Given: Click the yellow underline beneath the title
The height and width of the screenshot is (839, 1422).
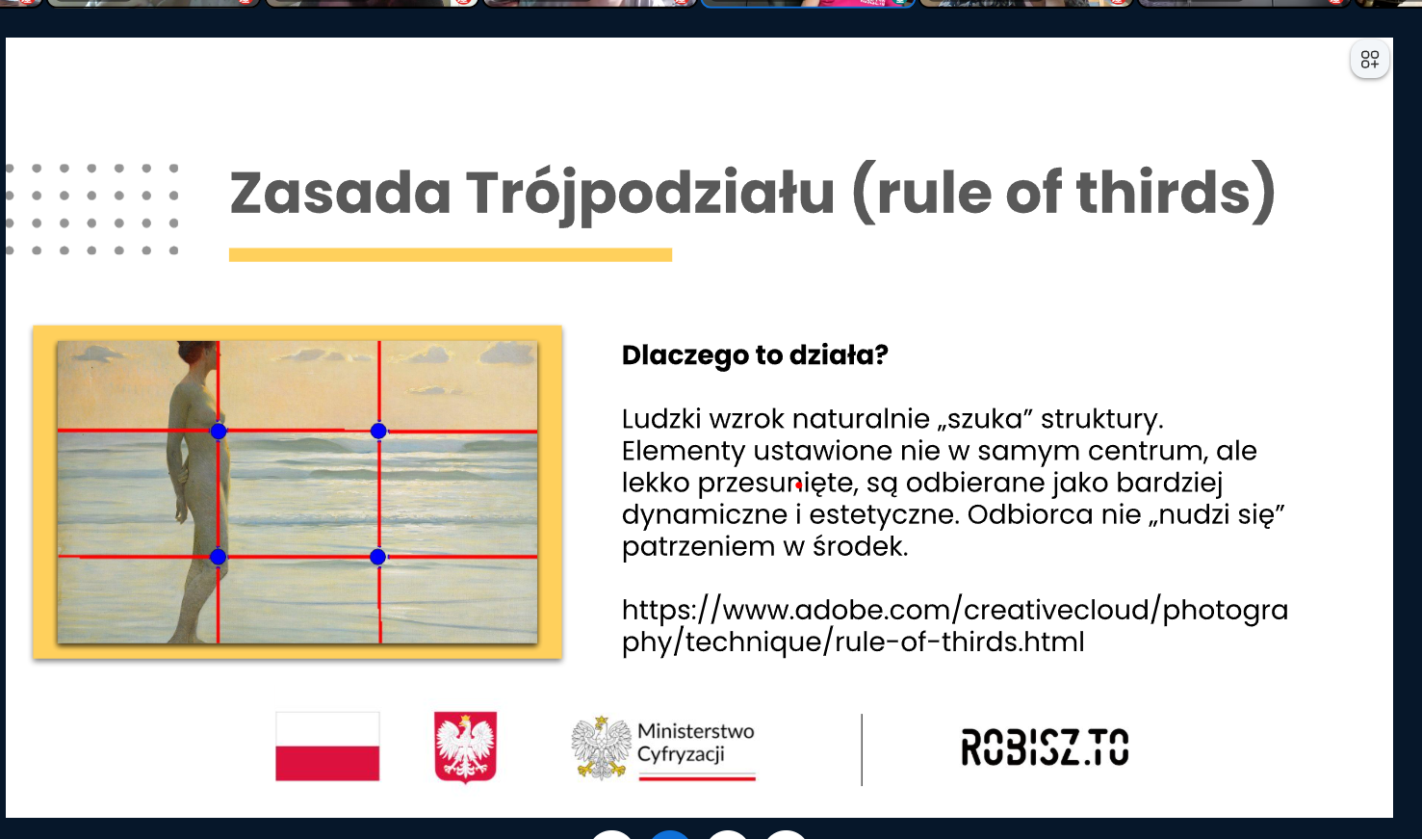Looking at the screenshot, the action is [x=450, y=254].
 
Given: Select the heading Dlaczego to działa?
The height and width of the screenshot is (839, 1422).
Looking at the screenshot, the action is [x=755, y=355].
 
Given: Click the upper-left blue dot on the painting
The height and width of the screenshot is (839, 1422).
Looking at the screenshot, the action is [x=219, y=432].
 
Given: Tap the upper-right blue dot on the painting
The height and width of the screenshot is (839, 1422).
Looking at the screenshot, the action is [x=378, y=432].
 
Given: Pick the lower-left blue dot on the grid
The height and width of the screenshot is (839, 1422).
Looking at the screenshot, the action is [x=218, y=557].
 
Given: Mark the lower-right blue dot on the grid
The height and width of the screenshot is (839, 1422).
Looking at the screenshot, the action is [x=377, y=557].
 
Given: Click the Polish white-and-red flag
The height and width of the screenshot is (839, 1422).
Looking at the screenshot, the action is [x=327, y=747].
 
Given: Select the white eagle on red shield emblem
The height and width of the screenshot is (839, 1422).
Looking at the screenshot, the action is [x=465, y=747].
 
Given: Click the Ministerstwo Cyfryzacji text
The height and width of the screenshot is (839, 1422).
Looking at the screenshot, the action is [x=696, y=743].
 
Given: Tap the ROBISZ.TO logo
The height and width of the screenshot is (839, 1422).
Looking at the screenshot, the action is [x=1045, y=747].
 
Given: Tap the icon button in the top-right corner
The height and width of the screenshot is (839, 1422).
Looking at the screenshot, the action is [x=1369, y=60].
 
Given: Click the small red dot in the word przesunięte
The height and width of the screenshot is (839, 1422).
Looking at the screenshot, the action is [x=798, y=485].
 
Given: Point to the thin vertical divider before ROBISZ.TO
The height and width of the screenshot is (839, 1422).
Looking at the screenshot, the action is [x=862, y=749].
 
